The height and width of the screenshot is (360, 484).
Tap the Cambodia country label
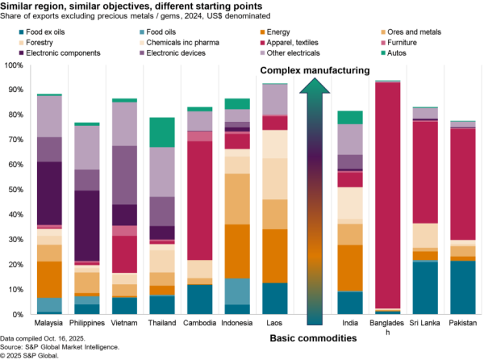click(199, 324)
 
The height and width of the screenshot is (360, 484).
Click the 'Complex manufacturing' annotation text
click(315, 72)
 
